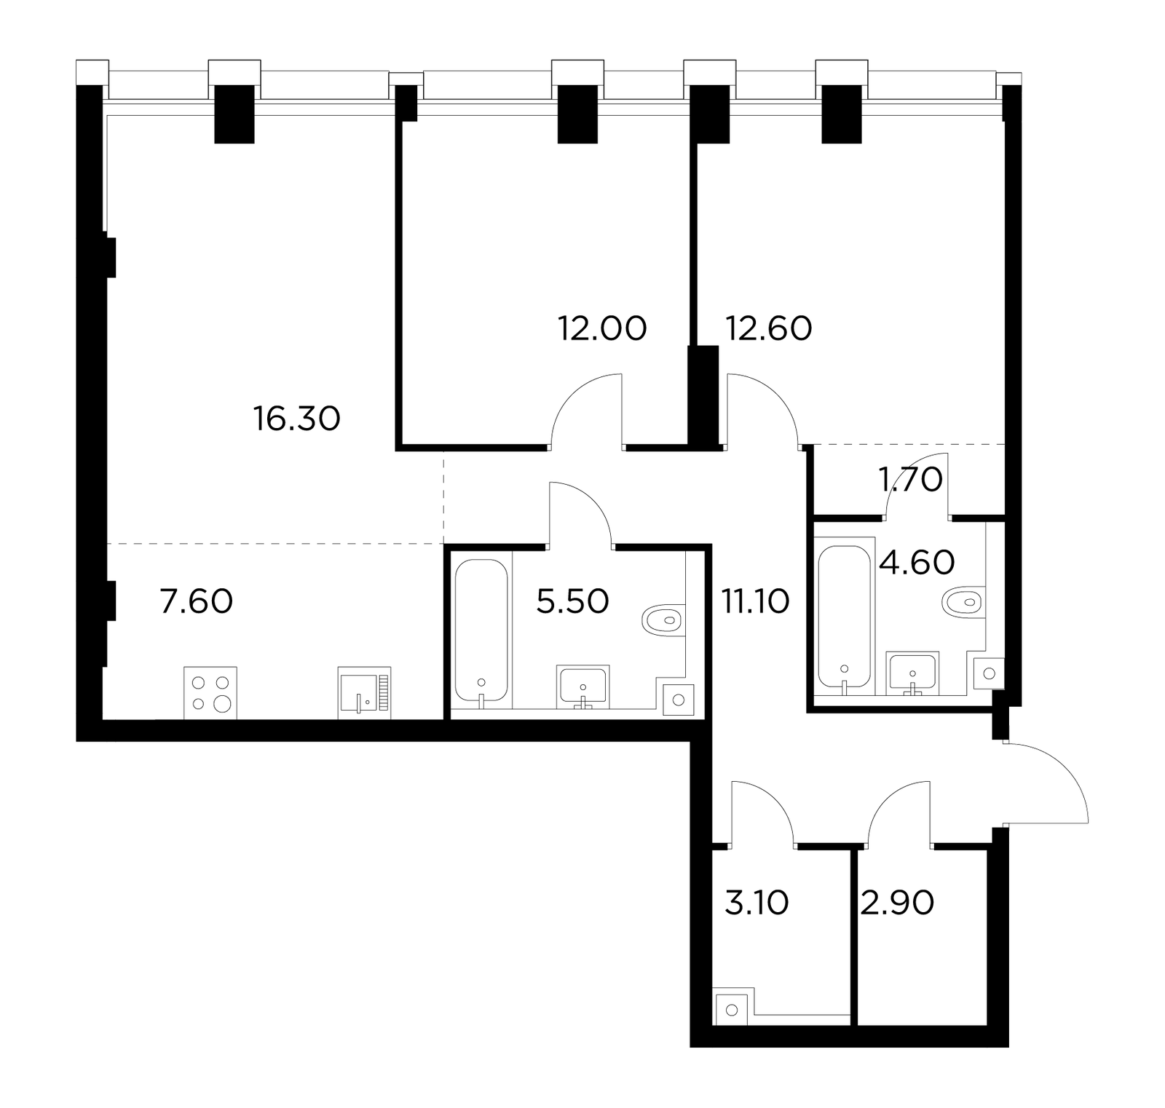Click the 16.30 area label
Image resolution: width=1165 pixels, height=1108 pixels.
coord(297,419)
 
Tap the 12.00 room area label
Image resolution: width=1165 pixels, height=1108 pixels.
coord(602,328)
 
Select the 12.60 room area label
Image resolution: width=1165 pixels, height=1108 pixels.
coord(769,328)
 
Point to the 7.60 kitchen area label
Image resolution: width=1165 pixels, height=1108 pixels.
coord(197,602)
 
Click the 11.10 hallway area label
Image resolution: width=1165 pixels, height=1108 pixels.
coord(755,602)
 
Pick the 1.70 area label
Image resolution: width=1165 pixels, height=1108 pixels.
coord(912,479)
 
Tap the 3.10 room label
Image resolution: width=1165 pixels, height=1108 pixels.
coord(757,903)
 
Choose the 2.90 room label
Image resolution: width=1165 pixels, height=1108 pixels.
coord(898,903)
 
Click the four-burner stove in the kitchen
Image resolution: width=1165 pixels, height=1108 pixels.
coord(210,693)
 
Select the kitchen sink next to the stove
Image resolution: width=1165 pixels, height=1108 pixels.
coord(364,693)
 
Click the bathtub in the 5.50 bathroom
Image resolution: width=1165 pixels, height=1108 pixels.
coord(481,632)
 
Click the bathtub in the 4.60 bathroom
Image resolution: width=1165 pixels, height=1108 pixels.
coord(844,617)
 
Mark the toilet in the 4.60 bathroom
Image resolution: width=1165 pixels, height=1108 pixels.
coord(963,601)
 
